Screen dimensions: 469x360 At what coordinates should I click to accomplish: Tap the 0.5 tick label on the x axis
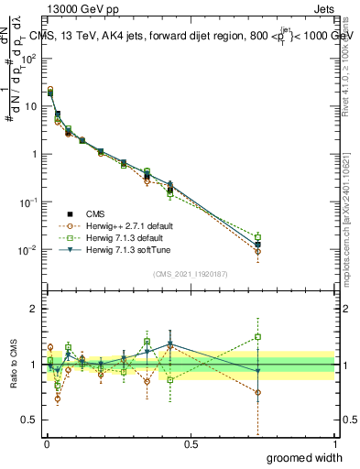pos(190,444)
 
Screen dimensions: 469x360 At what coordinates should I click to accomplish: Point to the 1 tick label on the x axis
pos(334,444)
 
